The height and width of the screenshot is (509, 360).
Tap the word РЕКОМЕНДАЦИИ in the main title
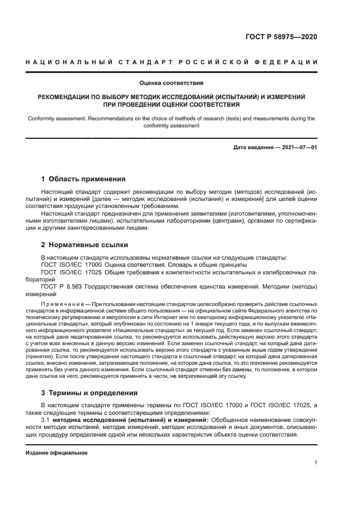65,96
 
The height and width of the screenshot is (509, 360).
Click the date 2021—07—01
297,148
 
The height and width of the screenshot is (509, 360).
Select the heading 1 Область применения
84,179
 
